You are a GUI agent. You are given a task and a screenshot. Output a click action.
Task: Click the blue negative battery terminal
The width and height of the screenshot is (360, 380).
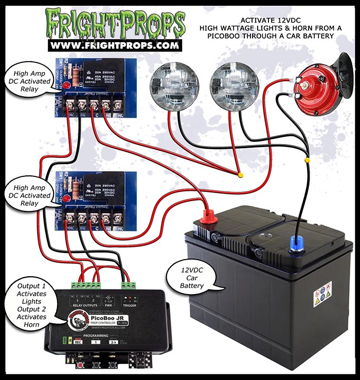(x=297, y=242)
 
